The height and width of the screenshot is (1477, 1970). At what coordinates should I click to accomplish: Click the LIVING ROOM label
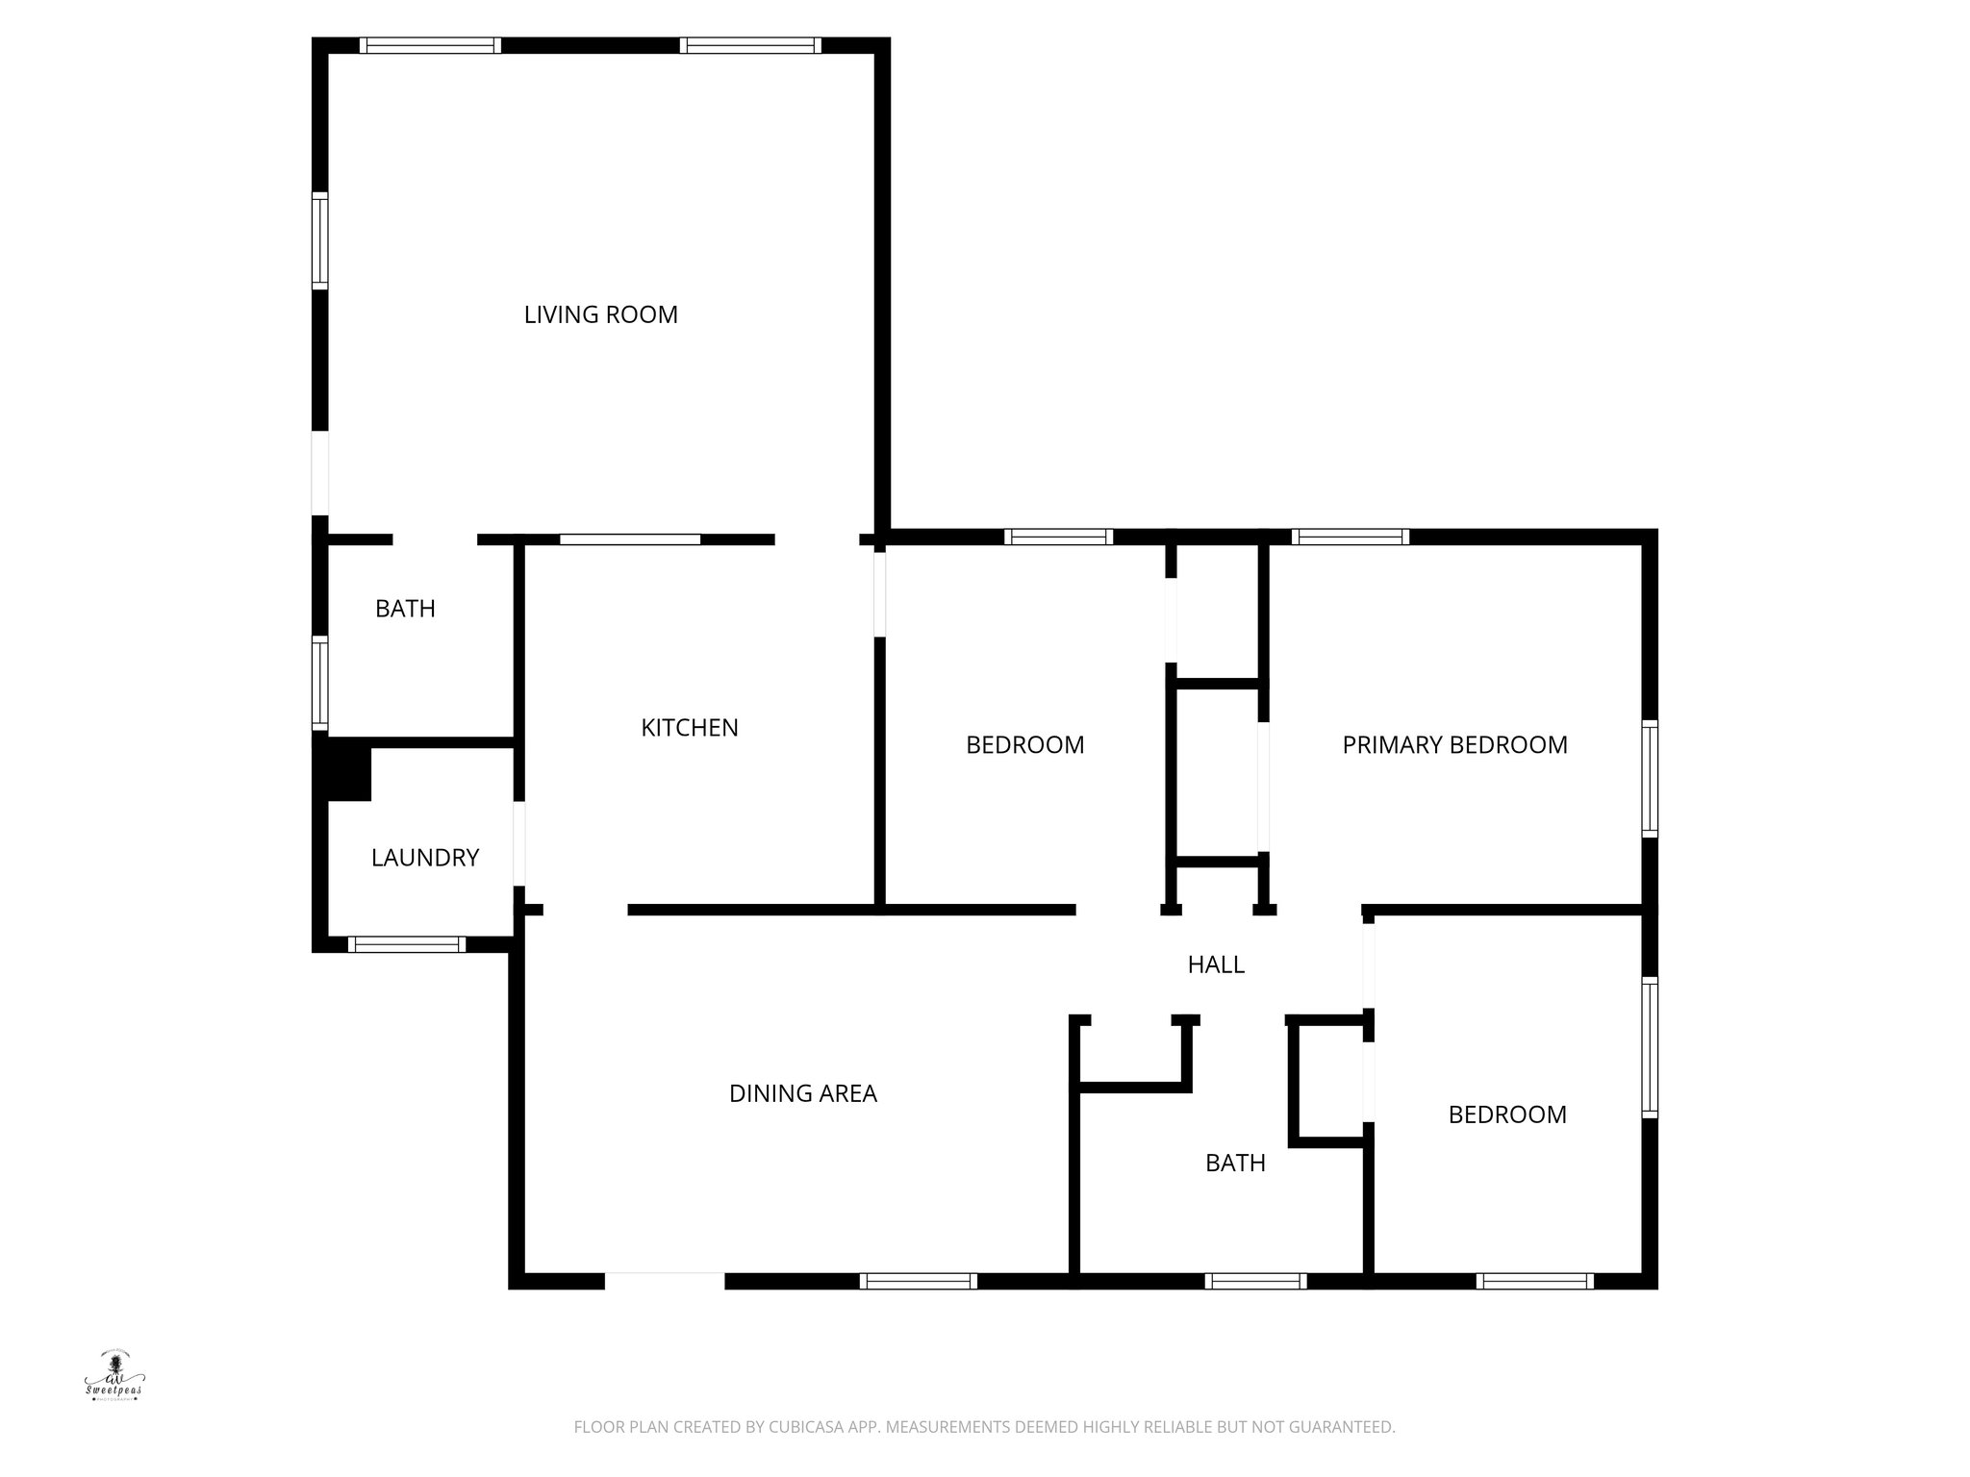click(600, 314)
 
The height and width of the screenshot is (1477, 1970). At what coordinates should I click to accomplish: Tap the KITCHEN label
click(690, 728)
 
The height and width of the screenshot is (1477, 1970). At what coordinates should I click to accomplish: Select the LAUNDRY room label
click(425, 858)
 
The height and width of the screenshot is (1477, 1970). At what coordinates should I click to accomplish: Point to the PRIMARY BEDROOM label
click(1454, 744)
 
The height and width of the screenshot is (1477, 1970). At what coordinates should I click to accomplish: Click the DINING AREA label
click(803, 1093)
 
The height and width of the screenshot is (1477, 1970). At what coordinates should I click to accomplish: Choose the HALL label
click(1216, 964)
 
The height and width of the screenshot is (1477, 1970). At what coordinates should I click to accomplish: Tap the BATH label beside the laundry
click(405, 609)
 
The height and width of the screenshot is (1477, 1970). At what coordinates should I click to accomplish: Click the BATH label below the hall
click(1235, 1163)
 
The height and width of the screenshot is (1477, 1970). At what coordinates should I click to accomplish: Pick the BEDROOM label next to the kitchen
click(1024, 745)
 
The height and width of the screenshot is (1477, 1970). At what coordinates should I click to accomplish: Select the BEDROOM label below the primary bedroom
click(1507, 1114)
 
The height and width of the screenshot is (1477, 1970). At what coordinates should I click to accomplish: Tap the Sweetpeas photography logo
click(114, 1377)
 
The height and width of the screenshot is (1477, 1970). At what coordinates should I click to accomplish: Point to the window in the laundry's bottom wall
click(406, 944)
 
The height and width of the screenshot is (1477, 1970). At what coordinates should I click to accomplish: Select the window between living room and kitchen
click(630, 539)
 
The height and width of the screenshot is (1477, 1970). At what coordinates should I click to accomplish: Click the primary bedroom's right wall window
click(1650, 778)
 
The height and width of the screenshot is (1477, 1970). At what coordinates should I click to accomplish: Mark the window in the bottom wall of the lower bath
click(1254, 1281)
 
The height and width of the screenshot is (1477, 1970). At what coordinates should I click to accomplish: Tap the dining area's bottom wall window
click(918, 1281)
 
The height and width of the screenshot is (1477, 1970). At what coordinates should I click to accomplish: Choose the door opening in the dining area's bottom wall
click(664, 1281)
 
